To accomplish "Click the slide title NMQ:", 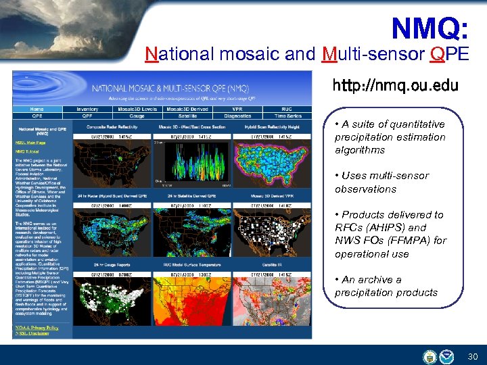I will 430,29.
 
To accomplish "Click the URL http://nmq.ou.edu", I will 395,86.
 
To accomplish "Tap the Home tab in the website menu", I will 37,109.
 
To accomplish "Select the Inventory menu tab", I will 87,109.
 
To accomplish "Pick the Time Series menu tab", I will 287,116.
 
